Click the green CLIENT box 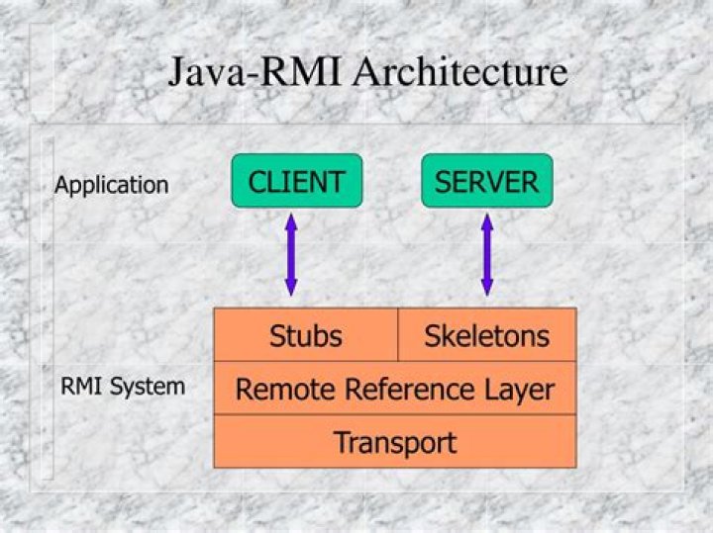[x=297, y=181]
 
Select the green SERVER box [x=487, y=181]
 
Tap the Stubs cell [x=306, y=335]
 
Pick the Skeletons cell [x=487, y=335]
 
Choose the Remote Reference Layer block [x=395, y=389]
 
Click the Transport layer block [x=395, y=442]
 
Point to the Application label [x=111, y=186]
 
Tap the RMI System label [x=123, y=387]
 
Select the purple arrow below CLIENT [x=291, y=255]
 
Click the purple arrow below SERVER [x=487, y=255]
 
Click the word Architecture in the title [x=460, y=71]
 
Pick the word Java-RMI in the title [x=255, y=71]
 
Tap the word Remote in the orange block [x=285, y=390]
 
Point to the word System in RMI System [x=148, y=388]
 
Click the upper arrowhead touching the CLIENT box [x=291, y=222]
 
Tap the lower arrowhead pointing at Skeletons [x=487, y=288]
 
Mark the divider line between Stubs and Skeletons [x=398, y=335]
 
